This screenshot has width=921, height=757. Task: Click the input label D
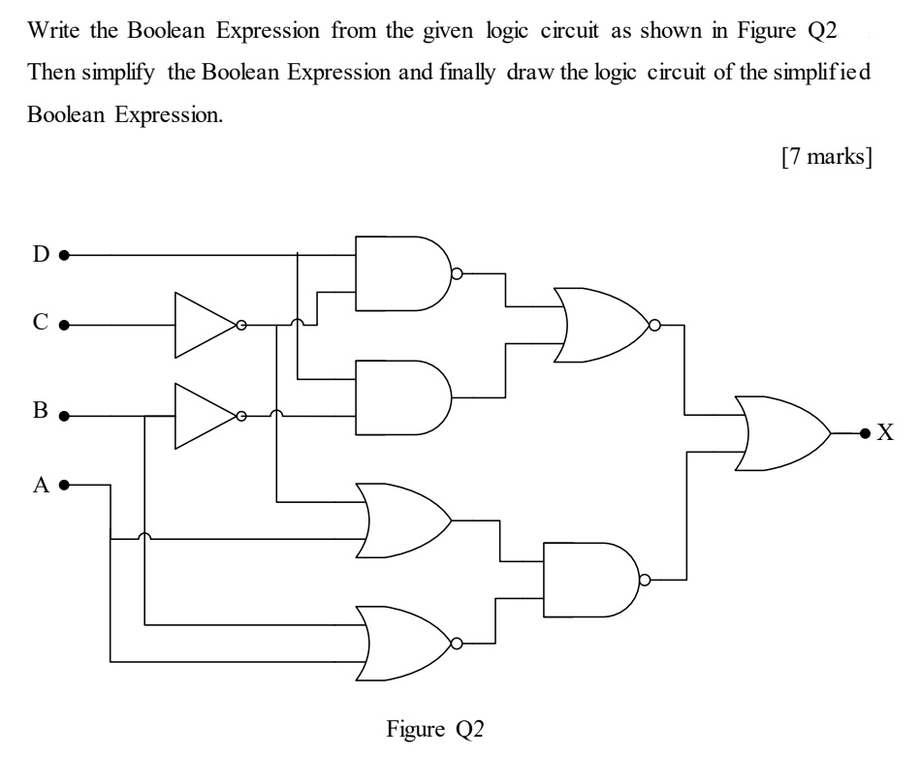tap(40, 256)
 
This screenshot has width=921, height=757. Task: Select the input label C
tap(40, 324)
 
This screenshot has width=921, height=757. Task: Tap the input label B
tap(40, 411)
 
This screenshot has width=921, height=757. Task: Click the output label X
tap(884, 432)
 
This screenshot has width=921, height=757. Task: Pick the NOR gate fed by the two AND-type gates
tap(601, 325)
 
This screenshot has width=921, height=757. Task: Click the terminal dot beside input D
tap(63, 257)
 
